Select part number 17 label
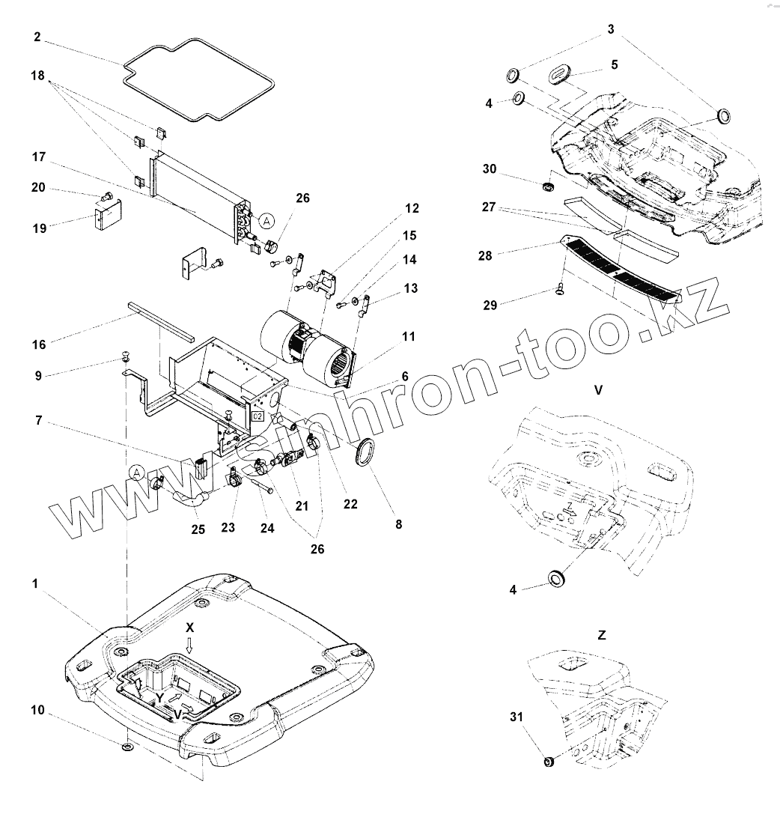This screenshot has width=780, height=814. [x=40, y=157]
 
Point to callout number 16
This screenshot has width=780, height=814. [x=39, y=344]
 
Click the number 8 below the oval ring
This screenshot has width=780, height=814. [x=398, y=525]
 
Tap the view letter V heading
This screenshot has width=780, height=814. [x=598, y=390]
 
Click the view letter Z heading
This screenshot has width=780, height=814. [x=602, y=635]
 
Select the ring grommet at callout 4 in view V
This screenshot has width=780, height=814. [x=558, y=577]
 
